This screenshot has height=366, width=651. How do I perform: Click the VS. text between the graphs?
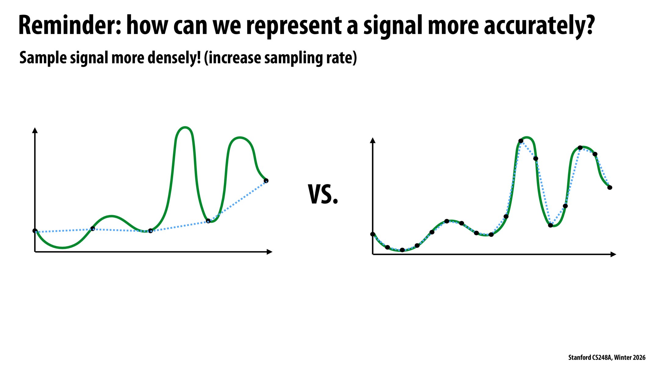pyautogui.click(x=323, y=195)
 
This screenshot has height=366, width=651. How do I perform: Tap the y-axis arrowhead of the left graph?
pyautogui.click(x=35, y=130)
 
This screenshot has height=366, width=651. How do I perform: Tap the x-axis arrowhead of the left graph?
pyautogui.click(x=269, y=252)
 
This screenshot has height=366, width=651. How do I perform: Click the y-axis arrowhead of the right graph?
pyautogui.click(x=372, y=140)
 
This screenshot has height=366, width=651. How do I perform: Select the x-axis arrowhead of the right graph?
pyautogui.click(x=613, y=254)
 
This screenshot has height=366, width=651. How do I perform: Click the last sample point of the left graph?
pyautogui.click(x=266, y=181)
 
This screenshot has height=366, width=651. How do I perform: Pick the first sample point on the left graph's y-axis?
pyautogui.click(x=35, y=231)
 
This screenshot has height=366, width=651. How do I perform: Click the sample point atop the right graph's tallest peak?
pyautogui.click(x=521, y=141)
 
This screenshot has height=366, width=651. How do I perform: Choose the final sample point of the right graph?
pyautogui.click(x=610, y=188)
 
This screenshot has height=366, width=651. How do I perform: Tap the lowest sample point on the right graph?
pyautogui.click(x=402, y=250)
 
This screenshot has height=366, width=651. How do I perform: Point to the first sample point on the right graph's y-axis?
pyautogui.click(x=373, y=234)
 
